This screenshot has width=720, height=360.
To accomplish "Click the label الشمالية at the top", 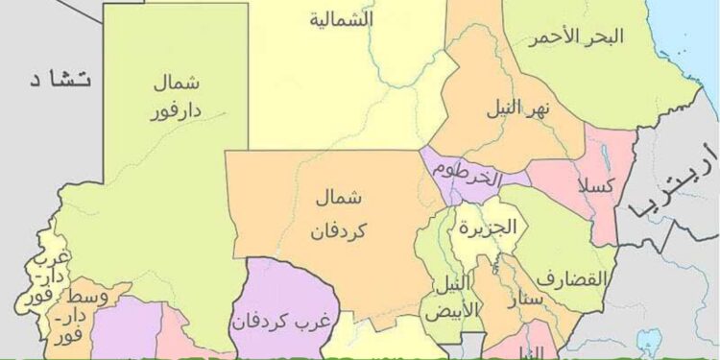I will (x=342, y=20).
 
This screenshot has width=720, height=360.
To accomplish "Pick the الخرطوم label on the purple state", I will (x=467, y=176).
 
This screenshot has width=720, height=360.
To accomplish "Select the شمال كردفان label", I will (x=339, y=214).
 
